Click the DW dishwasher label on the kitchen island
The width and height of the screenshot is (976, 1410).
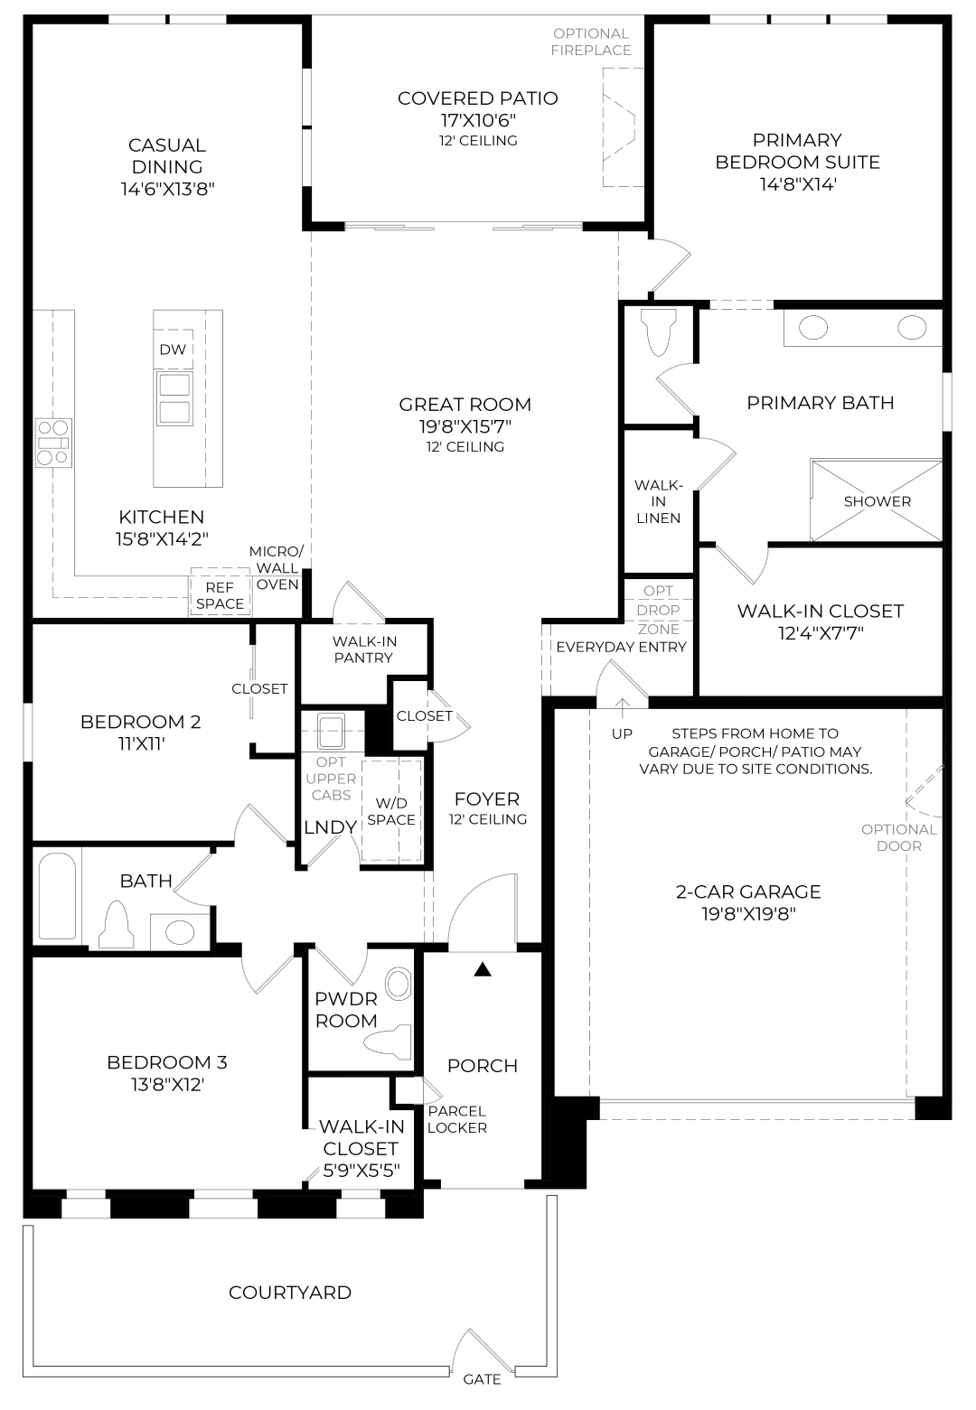173,350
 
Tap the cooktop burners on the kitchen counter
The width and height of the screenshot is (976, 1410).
53,444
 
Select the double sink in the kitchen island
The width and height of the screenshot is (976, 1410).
174,398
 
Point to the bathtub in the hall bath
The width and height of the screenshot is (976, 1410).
57,896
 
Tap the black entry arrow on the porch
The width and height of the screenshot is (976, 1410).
483,969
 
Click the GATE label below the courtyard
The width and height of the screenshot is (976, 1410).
482,1379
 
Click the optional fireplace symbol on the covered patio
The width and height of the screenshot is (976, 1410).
619,127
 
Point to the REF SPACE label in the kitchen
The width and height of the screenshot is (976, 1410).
220,595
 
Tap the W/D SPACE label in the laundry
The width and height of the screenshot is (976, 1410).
391,811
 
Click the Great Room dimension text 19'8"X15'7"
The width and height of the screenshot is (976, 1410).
465,426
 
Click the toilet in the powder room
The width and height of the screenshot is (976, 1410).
388,1038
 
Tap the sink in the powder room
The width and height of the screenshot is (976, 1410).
398,985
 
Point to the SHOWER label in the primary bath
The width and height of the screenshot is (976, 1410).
877,501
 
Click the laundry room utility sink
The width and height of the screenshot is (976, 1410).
332,732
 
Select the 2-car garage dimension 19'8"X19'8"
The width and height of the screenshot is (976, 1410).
748,913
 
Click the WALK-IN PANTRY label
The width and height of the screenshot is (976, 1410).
364,649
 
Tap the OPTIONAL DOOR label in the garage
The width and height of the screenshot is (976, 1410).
899,838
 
